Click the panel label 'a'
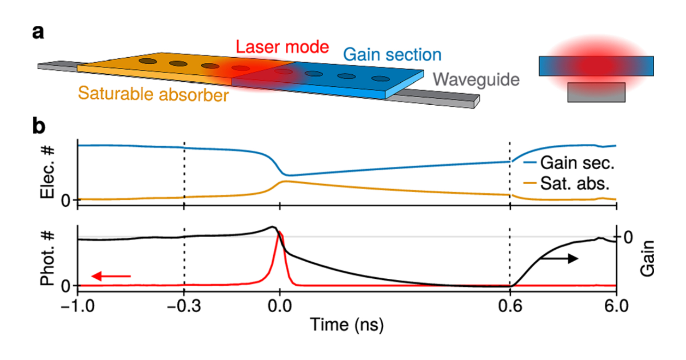tap(38, 33)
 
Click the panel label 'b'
tap(39, 126)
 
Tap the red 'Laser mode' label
tap(282, 47)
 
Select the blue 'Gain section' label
tap(392, 55)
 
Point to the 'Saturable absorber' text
tap(153, 94)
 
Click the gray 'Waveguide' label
tap(476, 80)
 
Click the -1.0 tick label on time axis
tap(78, 305)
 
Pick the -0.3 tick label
tap(184, 305)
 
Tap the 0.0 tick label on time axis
tap(280, 305)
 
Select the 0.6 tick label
tap(510, 305)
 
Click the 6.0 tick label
tap(616, 305)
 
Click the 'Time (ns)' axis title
tap(346, 324)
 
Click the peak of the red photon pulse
tap(280, 232)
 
